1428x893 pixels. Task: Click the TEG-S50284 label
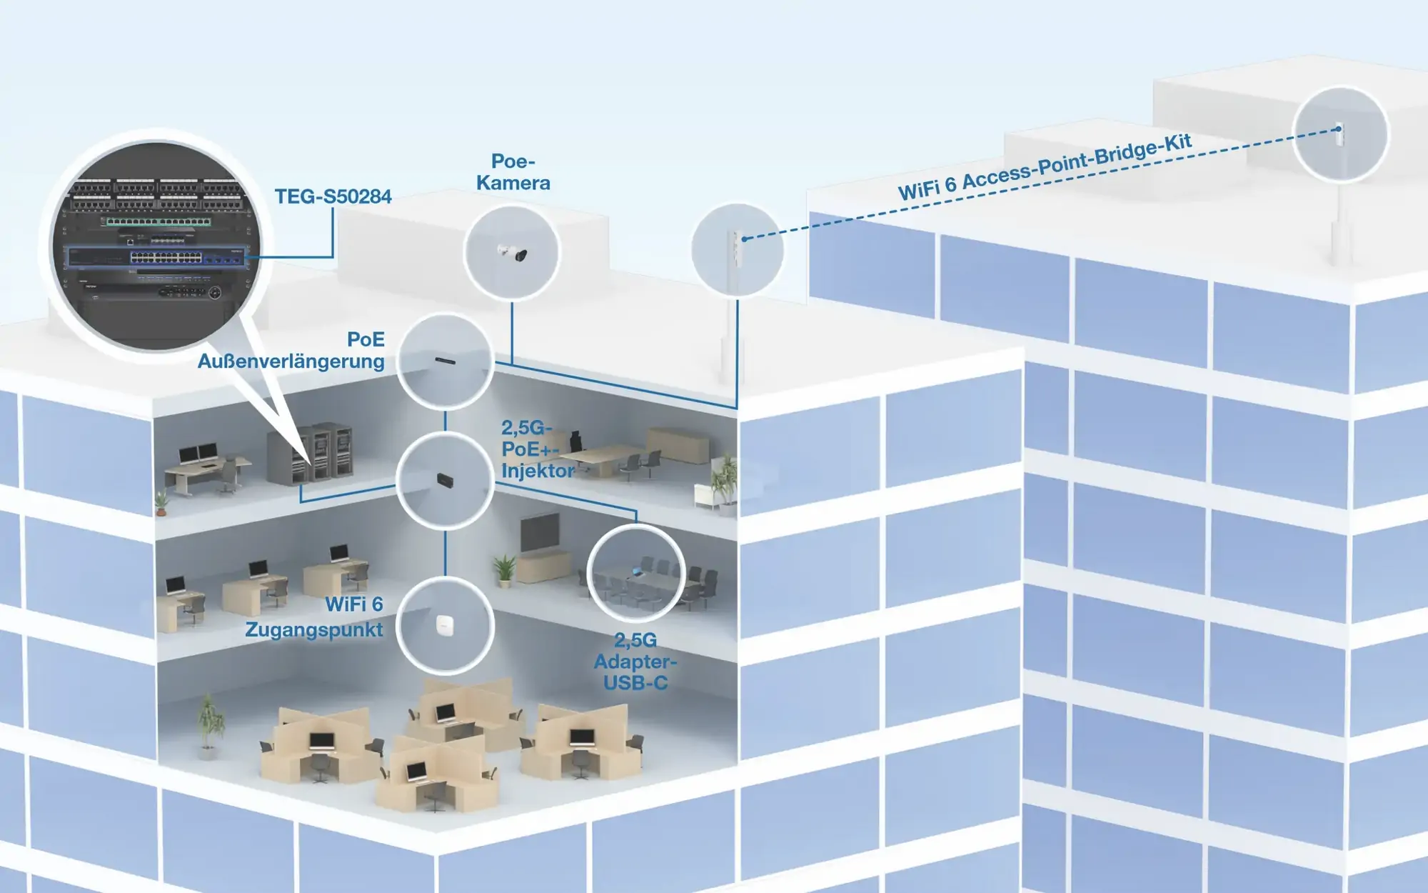coord(333,196)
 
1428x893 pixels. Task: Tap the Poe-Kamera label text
coord(513,172)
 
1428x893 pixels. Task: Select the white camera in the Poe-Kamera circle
coord(513,252)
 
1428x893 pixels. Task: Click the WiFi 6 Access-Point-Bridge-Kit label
coord(1045,167)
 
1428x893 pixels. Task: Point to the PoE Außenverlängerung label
coord(291,350)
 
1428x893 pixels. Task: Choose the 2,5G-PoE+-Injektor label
coord(538,449)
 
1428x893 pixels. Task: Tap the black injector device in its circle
coord(446,479)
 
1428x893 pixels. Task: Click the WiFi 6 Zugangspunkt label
coord(314,617)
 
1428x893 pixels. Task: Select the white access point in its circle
coord(446,625)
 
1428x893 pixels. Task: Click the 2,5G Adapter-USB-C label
coord(635,662)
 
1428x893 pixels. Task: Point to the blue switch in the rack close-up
coord(157,256)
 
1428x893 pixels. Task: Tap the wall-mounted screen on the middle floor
coord(540,532)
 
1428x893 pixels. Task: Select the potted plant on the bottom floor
coord(209,725)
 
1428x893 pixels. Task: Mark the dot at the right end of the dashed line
coord(1339,129)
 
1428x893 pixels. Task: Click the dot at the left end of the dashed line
coord(744,239)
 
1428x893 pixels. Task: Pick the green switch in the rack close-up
coord(159,222)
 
